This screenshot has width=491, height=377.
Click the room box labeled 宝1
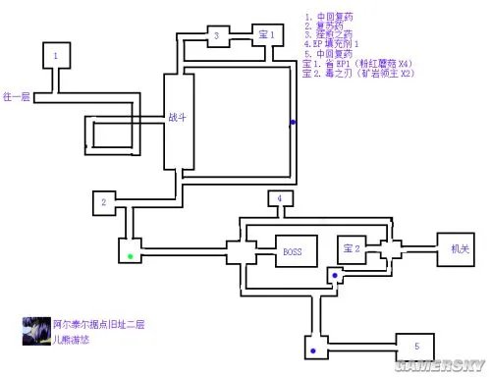(x=266, y=34)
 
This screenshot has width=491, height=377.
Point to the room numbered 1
(x=56, y=57)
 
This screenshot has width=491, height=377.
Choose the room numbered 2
(x=102, y=202)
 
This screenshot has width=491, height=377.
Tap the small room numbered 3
(x=216, y=35)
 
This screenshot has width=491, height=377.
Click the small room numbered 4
(x=280, y=199)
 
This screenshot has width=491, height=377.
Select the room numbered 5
(x=415, y=346)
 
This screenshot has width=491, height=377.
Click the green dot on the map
(x=130, y=257)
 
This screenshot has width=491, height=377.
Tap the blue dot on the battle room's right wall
(x=292, y=123)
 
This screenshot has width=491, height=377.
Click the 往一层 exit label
(x=17, y=97)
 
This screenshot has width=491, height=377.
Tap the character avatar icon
(x=34, y=330)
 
